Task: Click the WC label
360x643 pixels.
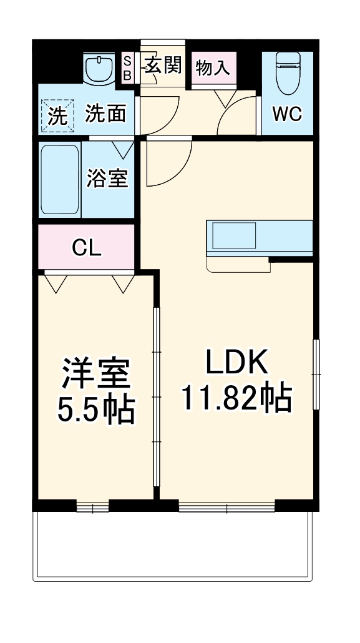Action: point(287,114)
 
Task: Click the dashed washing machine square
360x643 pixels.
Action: point(57,116)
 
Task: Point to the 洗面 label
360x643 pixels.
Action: point(105,113)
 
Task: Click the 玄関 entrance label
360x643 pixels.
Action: point(163,64)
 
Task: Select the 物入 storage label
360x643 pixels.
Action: point(213,68)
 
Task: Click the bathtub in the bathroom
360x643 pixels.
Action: point(59,180)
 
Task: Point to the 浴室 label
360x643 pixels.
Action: point(107,179)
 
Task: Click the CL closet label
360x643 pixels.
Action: point(87,248)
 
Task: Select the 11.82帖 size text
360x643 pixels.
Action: point(236,396)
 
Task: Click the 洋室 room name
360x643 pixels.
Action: point(95,374)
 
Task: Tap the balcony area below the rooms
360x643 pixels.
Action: point(172,543)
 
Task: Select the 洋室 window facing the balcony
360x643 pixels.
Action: point(92,506)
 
